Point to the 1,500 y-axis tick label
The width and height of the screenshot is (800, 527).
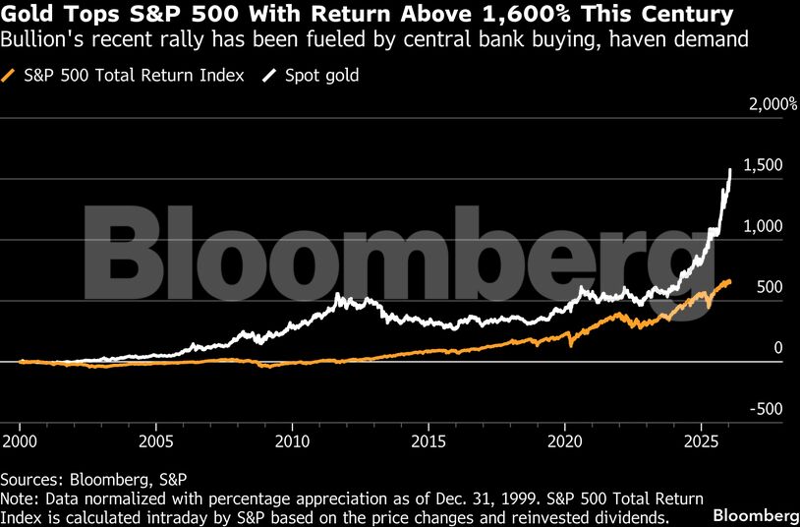(x=763, y=165)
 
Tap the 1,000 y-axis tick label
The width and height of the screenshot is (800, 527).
(x=763, y=226)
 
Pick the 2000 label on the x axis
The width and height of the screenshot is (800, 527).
(x=20, y=438)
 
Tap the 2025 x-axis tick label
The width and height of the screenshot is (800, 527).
(x=701, y=438)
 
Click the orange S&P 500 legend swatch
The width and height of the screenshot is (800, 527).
(x=10, y=76)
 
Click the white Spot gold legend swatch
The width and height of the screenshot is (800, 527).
(x=271, y=76)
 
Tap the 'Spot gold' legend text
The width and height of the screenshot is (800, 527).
(x=322, y=76)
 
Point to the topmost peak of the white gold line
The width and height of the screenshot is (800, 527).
(x=730, y=169)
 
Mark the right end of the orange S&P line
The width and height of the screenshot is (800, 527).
(x=730, y=281)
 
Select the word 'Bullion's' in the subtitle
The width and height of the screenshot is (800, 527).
(x=37, y=40)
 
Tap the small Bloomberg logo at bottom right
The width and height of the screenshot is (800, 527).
(x=755, y=515)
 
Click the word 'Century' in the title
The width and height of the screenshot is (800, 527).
(x=684, y=15)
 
